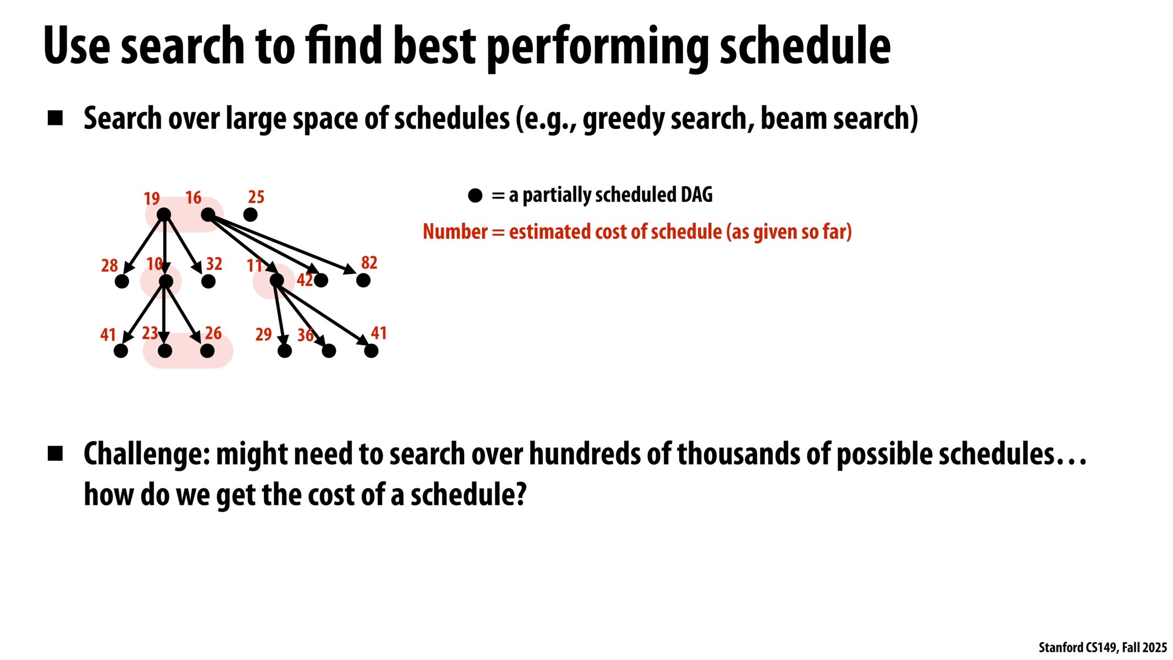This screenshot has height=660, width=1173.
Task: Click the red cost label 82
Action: (x=369, y=263)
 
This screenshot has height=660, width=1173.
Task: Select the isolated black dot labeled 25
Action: (x=250, y=215)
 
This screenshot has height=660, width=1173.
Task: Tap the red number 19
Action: (x=152, y=199)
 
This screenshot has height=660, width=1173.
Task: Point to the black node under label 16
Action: (x=208, y=215)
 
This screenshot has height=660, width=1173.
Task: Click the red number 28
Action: (x=109, y=266)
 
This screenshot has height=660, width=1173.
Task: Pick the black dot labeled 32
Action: (x=208, y=282)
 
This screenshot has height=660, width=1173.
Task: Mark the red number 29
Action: (x=263, y=334)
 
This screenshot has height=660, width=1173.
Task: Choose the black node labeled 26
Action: (x=207, y=351)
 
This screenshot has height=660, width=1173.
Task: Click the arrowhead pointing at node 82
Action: (x=350, y=269)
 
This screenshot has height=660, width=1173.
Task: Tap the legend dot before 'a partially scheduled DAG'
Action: (x=475, y=195)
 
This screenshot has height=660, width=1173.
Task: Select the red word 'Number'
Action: (x=455, y=232)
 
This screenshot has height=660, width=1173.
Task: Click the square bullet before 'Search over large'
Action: (x=56, y=118)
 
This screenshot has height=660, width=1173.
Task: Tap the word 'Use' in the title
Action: (x=77, y=46)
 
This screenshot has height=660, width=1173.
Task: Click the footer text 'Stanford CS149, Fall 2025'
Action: (x=1103, y=647)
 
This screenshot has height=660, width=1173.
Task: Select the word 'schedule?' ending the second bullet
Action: (x=469, y=494)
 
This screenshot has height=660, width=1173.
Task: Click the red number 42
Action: (x=305, y=280)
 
